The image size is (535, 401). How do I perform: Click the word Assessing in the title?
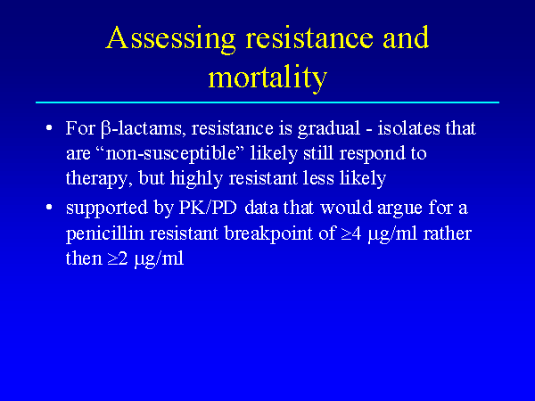pos(170,39)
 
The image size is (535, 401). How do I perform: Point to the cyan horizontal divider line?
pos(267,102)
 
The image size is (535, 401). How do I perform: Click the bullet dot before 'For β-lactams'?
pos(49,128)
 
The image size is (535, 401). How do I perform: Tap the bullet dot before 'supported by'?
pos(49,207)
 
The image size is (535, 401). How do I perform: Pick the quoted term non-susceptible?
pos(171,154)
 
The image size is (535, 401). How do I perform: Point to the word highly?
pos(196,179)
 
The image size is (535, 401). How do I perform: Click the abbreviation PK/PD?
pos(208,208)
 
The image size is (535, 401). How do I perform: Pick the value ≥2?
pos(118,258)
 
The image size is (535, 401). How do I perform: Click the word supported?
pos(107,209)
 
